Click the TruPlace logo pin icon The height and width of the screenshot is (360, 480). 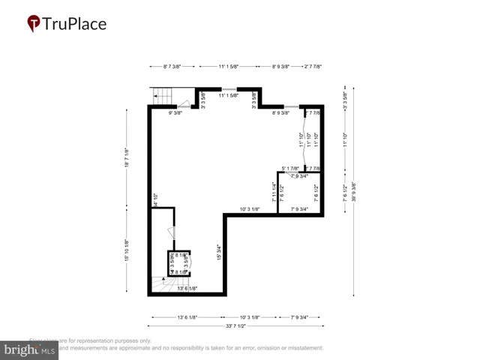tap(34, 24)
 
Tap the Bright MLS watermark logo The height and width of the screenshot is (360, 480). tap(30, 349)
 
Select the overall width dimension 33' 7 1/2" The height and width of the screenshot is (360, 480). tap(237, 326)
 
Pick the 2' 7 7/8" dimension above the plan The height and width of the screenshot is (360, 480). tap(313, 66)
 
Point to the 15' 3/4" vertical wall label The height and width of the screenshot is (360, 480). tap(219, 253)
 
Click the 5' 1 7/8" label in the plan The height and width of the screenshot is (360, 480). tap(290, 168)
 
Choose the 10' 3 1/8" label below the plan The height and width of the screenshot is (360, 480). tap(250, 317)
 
